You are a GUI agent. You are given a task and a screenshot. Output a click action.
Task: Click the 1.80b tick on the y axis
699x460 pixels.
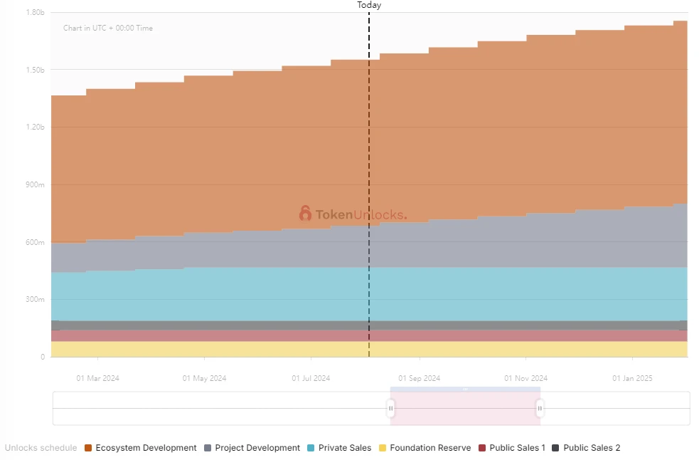pyautogui.click(x=35, y=13)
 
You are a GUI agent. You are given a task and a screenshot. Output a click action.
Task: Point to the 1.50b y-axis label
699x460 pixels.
pyautogui.click(x=35, y=70)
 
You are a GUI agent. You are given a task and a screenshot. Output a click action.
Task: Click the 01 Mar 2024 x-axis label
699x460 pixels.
pyautogui.click(x=98, y=378)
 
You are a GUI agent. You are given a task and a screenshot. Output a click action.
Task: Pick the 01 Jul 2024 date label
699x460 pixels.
pyautogui.click(x=311, y=378)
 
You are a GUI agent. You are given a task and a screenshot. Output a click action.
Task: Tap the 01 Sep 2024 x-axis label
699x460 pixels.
pyautogui.click(x=419, y=378)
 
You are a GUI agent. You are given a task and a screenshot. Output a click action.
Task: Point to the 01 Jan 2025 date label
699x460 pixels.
pyautogui.click(x=632, y=378)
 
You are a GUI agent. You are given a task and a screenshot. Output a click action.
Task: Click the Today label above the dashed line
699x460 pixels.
pyautogui.click(x=369, y=5)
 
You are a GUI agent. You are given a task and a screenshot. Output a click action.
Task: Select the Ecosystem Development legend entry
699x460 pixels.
pyautogui.click(x=140, y=448)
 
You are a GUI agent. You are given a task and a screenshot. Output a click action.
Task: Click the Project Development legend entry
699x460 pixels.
pyautogui.click(x=252, y=448)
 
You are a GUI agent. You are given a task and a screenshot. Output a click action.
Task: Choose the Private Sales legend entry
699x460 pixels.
pyautogui.click(x=339, y=448)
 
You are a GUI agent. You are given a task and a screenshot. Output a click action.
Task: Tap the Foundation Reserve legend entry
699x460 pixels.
pyautogui.click(x=425, y=448)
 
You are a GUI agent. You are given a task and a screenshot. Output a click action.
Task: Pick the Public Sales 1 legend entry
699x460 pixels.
pyautogui.click(x=512, y=448)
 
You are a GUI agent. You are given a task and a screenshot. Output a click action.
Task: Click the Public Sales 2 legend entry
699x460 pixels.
pyautogui.click(x=586, y=448)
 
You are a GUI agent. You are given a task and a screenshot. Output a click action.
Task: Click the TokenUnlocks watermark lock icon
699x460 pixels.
pyautogui.click(x=305, y=214)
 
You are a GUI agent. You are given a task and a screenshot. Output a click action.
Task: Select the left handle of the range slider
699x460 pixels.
pyautogui.click(x=390, y=409)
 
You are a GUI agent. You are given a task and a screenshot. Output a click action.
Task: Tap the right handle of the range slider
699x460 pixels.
pyautogui.click(x=540, y=409)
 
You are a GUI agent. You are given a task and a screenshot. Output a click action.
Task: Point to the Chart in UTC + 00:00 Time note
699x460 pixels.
pyautogui.click(x=108, y=28)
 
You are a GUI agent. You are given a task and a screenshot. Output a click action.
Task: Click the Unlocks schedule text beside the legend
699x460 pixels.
pyautogui.click(x=41, y=448)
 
